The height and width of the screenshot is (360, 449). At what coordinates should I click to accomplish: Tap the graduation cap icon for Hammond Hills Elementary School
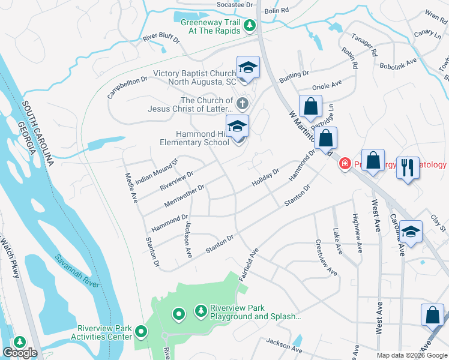[238, 126]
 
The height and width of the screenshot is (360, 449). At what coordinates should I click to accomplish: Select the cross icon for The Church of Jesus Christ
[243, 104]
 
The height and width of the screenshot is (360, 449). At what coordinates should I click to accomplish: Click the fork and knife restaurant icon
[408, 167]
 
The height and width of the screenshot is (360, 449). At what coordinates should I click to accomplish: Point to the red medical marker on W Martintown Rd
[345, 163]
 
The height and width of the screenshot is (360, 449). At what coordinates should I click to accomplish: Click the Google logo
[20, 353]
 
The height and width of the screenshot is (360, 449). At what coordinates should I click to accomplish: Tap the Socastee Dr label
[235, 4]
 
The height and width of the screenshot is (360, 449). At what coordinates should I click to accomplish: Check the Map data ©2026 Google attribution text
[412, 355]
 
